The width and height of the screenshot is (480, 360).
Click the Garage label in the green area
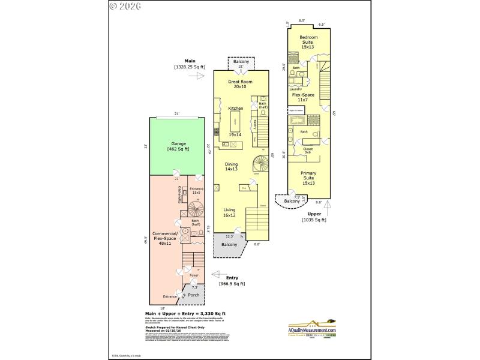tap(178, 146)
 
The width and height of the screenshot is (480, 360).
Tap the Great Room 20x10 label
tap(240, 84)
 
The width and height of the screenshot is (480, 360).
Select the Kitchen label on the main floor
tap(236, 108)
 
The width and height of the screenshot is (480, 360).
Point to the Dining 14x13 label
tap(231, 167)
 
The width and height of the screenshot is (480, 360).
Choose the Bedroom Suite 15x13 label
tap(308, 43)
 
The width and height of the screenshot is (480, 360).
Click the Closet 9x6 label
tap(308, 150)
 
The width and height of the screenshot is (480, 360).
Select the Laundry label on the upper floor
tap(295, 90)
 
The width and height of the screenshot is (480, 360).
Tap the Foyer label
tap(193, 275)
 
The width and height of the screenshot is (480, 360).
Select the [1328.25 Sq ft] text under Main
tap(190, 67)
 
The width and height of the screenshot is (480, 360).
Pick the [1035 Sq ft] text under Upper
tap(314, 220)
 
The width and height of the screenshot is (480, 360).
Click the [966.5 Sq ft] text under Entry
tap(232, 283)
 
